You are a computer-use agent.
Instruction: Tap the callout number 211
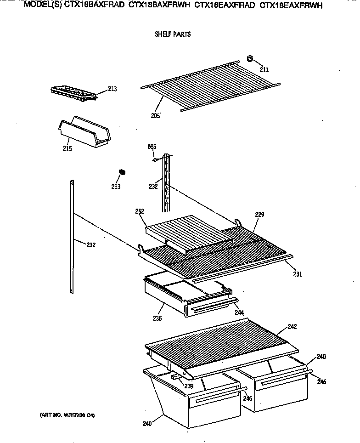coord(264,70)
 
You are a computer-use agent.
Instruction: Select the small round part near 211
coord(250,59)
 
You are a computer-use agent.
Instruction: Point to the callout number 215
coord(67,148)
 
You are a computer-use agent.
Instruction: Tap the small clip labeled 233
coord(122,172)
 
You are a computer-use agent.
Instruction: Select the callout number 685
coord(152,147)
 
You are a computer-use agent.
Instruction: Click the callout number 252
coord(140,211)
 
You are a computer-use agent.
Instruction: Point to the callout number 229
coord(260,214)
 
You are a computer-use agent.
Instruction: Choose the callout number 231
coord(298,274)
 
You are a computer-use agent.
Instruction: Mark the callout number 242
coord(292,327)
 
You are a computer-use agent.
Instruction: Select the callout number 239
coord(189,386)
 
